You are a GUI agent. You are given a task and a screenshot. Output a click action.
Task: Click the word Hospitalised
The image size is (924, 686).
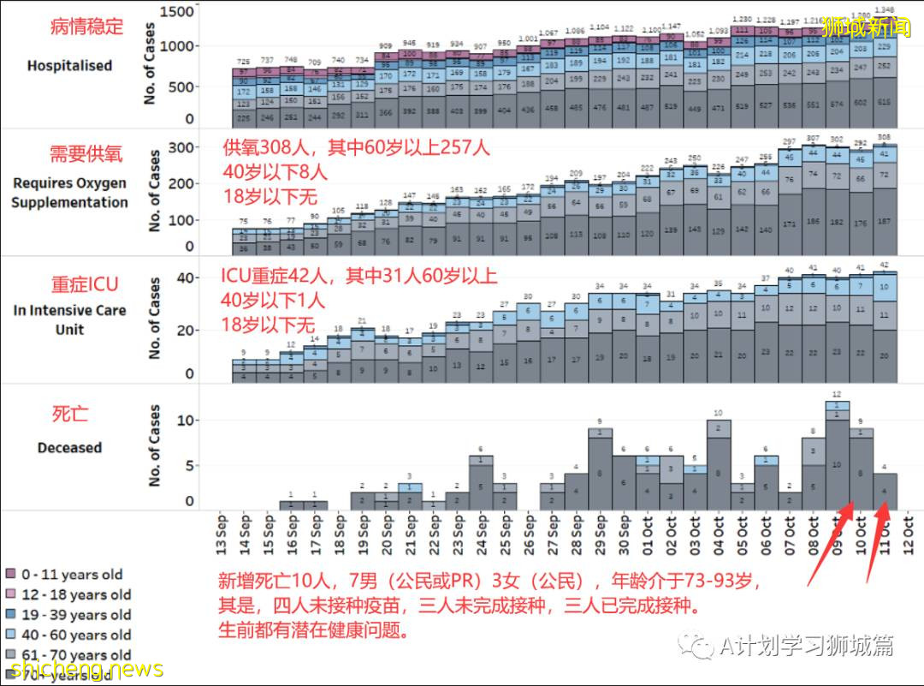click(x=69, y=65)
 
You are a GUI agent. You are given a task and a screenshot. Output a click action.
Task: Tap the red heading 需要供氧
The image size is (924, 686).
click(x=86, y=154)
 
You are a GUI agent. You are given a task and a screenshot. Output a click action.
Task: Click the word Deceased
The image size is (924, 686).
click(x=69, y=447)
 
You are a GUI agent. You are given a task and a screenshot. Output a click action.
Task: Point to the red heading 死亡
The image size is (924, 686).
click(x=71, y=415)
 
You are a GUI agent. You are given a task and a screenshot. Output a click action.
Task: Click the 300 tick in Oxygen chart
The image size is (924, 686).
click(x=182, y=147)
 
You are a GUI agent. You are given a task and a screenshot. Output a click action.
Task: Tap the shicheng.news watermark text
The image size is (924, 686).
click(x=81, y=669)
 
